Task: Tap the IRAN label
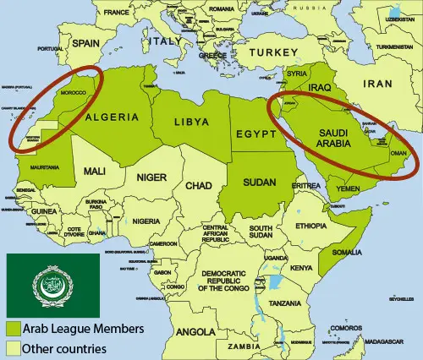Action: [x=377, y=85]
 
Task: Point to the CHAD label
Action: [x=200, y=185]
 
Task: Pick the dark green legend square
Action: [x=14, y=327]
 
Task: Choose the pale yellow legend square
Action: [x=14, y=346]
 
